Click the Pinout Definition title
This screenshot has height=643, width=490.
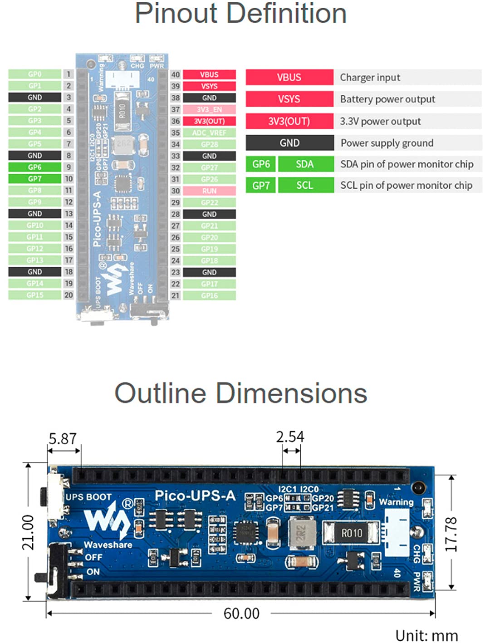point(240,14)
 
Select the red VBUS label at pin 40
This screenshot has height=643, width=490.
point(209,74)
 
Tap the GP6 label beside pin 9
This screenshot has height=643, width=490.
point(34,167)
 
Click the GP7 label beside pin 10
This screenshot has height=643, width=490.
point(34,179)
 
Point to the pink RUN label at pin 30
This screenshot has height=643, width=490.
point(209,191)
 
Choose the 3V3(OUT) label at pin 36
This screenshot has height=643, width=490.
point(209,121)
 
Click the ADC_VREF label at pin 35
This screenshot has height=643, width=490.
point(209,133)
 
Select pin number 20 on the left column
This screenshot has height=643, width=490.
point(69,295)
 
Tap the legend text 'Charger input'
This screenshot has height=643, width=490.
point(370,78)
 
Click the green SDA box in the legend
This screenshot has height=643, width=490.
point(305,164)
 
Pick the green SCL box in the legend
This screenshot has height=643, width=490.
point(305,186)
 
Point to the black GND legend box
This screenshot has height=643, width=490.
point(289,143)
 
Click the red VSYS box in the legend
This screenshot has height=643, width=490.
point(289,99)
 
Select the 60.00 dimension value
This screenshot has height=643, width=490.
point(241,614)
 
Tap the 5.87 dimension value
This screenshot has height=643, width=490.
point(63,439)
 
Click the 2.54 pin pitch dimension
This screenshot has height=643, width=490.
point(290,437)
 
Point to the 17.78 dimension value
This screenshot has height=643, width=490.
point(451,534)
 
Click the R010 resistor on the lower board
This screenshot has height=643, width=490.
point(351,533)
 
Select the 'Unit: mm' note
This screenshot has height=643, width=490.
point(426,635)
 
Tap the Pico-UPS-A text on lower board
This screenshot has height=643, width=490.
point(195,496)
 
